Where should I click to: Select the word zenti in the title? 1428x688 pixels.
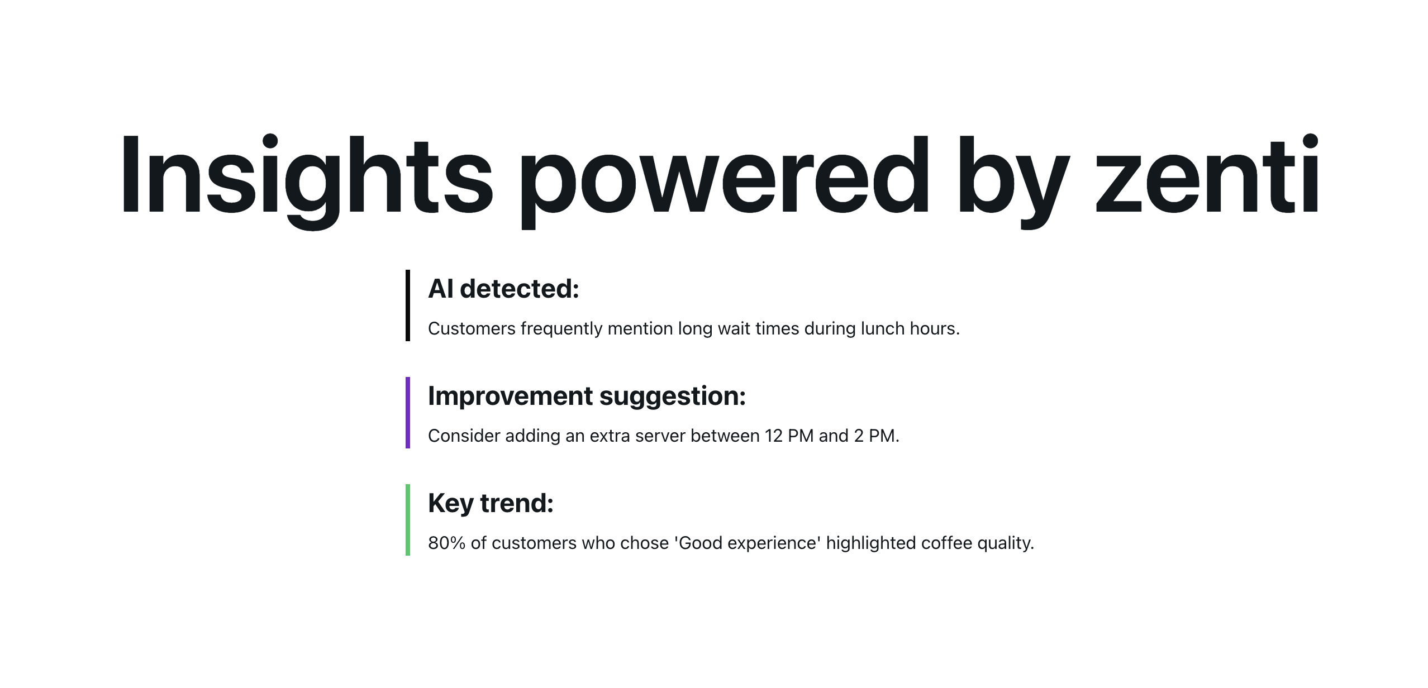pyautogui.click(x=1207, y=174)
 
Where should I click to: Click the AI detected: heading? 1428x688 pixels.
pyautogui.click(x=503, y=289)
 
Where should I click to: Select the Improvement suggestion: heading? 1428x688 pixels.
pyautogui.click(x=587, y=396)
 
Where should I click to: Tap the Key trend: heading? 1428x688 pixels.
pyautogui.click(x=491, y=503)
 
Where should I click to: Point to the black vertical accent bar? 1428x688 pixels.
pyautogui.click(x=408, y=305)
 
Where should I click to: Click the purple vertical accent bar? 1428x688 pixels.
pyautogui.click(x=408, y=413)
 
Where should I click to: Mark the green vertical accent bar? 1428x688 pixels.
pyautogui.click(x=408, y=520)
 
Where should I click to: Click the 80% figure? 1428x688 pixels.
pyautogui.click(x=447, y=543)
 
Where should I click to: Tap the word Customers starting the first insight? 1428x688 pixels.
pyautogui.click(x=472, y=328)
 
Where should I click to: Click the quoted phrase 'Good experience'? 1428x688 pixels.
pyautogui.click(x=748, y=543)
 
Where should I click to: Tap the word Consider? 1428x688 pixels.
pyautogui.click(x=464, y=436)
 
